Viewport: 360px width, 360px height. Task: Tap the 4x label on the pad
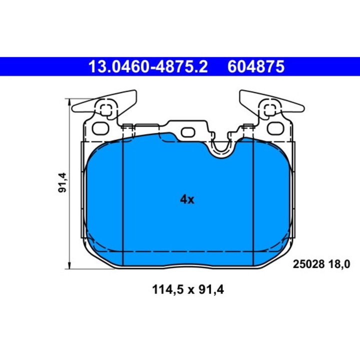tap(186, 199)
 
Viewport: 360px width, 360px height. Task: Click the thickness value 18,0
tap(335, 263)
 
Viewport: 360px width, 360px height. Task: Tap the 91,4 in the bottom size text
tap(209, 288)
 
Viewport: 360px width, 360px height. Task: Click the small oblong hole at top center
tap(188, 132)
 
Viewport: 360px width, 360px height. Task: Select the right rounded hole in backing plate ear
tap(274, 128)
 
